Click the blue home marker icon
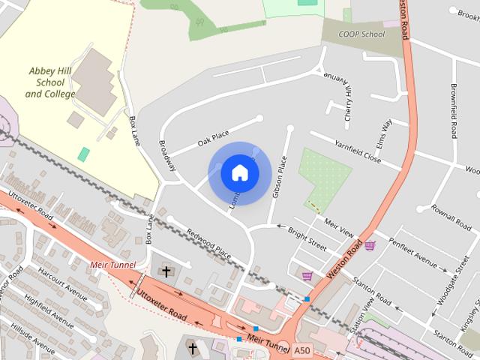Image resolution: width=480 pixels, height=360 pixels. pos(240,172)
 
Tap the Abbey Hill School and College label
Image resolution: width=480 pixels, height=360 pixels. pos(51,82)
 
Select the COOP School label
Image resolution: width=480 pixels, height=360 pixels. pos(363,34)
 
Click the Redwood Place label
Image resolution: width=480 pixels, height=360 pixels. pos(208,243)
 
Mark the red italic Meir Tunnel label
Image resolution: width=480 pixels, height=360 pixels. pos(111,265)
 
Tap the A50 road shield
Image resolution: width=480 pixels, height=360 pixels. pos(301,350)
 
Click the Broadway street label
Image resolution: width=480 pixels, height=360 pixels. pos(167,154)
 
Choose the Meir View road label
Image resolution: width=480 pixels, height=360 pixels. pos(338,226)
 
